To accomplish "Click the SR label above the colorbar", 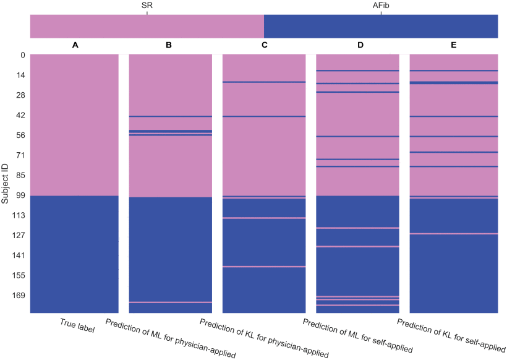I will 147,5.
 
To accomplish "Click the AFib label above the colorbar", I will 381,5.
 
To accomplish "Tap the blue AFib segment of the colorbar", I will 381,27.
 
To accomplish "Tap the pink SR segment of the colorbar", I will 147,27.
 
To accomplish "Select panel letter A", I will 75,45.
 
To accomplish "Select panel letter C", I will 264,45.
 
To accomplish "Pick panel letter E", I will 454,45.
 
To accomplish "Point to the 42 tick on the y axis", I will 20,115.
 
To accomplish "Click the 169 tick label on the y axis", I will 18,296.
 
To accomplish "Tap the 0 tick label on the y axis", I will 22,55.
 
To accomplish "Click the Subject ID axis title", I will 6,184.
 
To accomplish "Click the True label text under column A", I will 77,326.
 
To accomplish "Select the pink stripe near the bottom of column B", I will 170,302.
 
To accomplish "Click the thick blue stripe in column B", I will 170,131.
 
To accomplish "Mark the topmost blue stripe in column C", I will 264,82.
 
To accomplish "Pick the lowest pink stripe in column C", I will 264,267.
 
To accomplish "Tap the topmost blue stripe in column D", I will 357,71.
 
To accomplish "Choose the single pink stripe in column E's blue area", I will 454,234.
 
